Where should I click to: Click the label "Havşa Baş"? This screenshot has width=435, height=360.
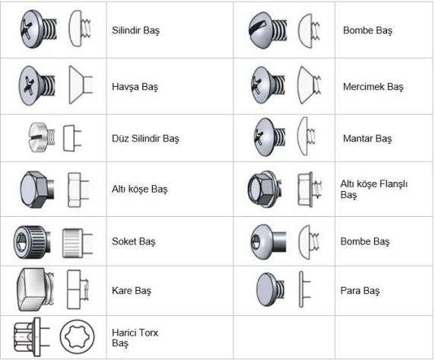135,87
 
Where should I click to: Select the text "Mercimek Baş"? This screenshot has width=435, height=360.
373,87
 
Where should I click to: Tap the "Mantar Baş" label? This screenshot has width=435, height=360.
367,139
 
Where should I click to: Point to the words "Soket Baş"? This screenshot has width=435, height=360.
133,241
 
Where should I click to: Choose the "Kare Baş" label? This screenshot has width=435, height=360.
132,291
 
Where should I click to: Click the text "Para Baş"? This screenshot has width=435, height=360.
360,291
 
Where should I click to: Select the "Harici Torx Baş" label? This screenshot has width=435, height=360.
135,337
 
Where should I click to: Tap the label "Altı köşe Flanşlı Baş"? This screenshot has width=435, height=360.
373,189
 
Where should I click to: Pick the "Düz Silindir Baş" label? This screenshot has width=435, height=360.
145,139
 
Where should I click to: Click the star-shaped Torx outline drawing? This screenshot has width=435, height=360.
77,336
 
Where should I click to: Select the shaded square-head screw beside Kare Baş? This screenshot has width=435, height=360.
36,289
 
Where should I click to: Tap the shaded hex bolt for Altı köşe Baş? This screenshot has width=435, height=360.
37,190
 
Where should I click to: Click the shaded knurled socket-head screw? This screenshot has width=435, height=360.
32,242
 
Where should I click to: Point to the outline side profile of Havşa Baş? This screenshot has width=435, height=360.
81,84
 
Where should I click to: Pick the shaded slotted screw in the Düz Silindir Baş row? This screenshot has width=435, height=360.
42,137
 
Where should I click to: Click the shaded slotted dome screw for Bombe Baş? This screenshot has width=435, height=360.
268,30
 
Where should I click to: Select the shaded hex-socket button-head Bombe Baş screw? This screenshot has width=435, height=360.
268,242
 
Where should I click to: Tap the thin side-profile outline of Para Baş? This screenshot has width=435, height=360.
304,289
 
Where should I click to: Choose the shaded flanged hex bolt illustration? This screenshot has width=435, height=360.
265,190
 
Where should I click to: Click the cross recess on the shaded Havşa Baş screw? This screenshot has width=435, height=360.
29,84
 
